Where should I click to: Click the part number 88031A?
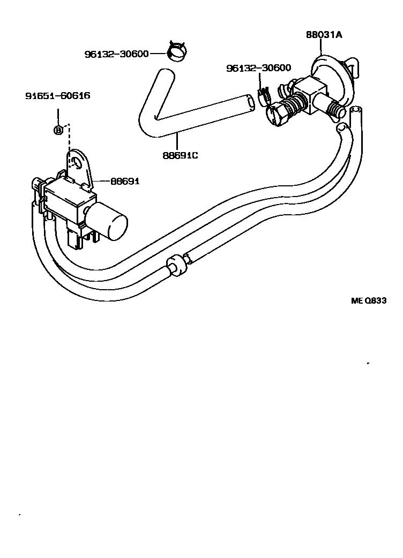pyautogui.click(x=324, y=35)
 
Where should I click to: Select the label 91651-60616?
pyautogui.click(x=57, y=96)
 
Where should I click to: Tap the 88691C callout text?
pyautogui.click(x=181, y=156)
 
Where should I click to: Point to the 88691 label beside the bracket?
pyautogui.click(x=125, y=182)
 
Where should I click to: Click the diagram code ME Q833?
pyautogui.click(x=368, y=301)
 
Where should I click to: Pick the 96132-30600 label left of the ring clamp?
pyautogui.click(x=116, y=54)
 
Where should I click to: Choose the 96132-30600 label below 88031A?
pyautogui.click(x=258, y=68)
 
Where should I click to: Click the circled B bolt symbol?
pyautogui.click(x=58, y=130)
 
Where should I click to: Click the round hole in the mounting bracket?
pyautogui.click(x=80, y=160)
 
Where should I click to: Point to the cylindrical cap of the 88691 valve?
pyautogui.click(x=111, y=224)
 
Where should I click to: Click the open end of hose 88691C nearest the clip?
pyautogui.click(x=250, y=103)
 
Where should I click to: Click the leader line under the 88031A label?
pyautogui.click(x=320, y=48)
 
